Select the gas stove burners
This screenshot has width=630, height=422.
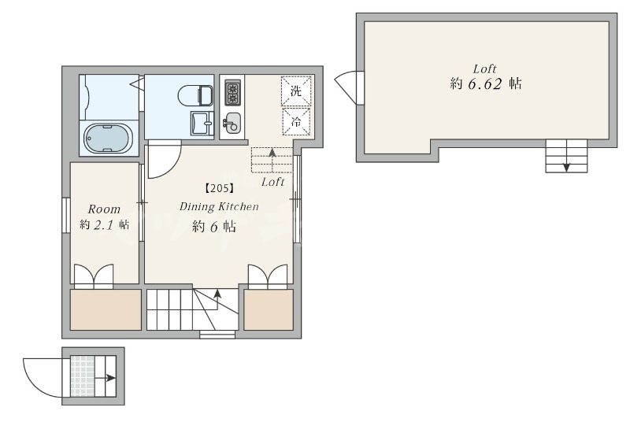click(232, 93)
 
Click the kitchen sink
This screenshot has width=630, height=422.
click(232, 122)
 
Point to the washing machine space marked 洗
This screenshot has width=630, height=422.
click(296, 91)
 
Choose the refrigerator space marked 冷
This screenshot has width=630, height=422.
click(296, 122)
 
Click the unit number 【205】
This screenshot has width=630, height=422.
click(220, 188)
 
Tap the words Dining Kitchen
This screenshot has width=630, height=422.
click(219, 206)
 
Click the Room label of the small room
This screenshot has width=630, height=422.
click(104, 209)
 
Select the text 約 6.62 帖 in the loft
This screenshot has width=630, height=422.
click(486, 83)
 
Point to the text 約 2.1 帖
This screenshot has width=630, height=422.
click(104, 224)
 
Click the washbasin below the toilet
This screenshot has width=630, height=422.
click(202, 123)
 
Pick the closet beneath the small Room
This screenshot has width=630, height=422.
click(106, 309)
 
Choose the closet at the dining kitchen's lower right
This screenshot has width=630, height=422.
click(269, 309)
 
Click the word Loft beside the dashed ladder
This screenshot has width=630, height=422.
click(272, 182)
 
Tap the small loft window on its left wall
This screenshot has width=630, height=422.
click(361, 87)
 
